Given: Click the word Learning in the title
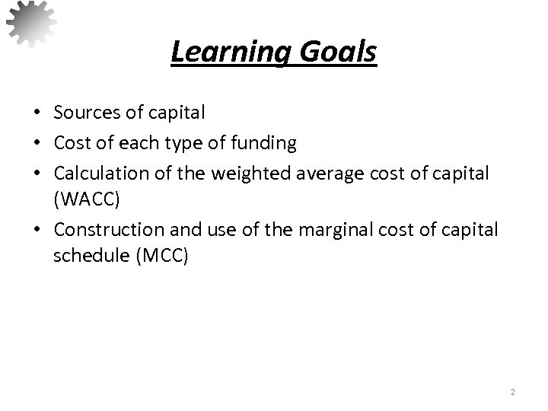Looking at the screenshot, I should tap(221, 53).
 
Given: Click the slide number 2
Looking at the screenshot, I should tap(512, 392).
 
